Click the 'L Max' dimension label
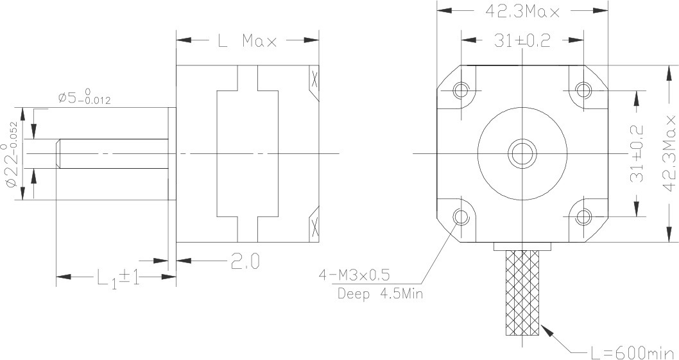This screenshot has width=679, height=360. point(247,41)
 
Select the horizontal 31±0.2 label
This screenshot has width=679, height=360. point(522,40)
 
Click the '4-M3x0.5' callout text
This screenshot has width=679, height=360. point(354,276)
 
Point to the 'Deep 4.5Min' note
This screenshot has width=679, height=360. point(379,295)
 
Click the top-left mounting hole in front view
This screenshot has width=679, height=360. point(461,90)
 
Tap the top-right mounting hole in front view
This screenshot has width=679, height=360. point(583,89)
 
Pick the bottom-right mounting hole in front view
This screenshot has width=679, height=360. point(583,217)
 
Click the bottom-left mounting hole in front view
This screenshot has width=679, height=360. point(461,218)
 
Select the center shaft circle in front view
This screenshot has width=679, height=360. point(522,153)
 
